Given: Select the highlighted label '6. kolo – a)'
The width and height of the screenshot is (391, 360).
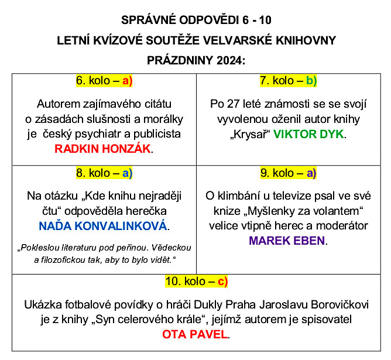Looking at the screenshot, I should point(104,81).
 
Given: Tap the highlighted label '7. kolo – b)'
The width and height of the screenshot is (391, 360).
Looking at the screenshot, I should point(288,81).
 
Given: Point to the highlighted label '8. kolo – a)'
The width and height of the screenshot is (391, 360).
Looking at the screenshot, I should point(104,173).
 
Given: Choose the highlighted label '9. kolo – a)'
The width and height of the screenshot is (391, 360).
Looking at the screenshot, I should point(288,173).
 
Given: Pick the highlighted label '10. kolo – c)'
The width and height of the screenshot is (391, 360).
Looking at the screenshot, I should point(196,282).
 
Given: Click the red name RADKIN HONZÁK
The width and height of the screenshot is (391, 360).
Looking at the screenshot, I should point(103,149).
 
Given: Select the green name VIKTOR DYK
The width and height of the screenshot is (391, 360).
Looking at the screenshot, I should point(309,134).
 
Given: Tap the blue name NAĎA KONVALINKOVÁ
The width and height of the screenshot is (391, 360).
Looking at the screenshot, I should point(103,225).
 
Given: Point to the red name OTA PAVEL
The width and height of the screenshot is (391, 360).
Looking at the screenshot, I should point(196,335).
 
